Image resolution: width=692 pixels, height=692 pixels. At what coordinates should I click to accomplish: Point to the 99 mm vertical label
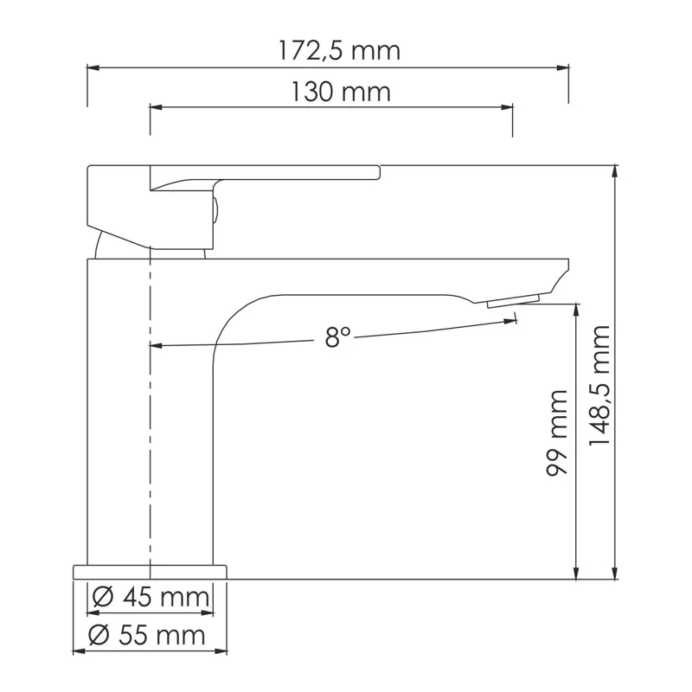pos(558,432)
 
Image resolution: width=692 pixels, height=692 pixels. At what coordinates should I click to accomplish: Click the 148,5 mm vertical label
pos(599,386)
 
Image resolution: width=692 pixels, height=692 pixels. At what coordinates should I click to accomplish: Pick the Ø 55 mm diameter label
pos(149,636)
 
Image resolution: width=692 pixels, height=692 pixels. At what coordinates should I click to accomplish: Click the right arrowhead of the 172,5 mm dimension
pos(563,67)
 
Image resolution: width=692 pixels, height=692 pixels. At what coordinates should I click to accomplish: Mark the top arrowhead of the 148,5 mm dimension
pos(616,170)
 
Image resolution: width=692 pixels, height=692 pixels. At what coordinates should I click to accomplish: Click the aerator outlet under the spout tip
pos(513,301)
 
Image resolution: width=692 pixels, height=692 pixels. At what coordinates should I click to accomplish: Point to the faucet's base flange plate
pos(150,571)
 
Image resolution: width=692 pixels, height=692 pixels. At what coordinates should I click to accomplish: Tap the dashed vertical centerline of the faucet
pos(151,415)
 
